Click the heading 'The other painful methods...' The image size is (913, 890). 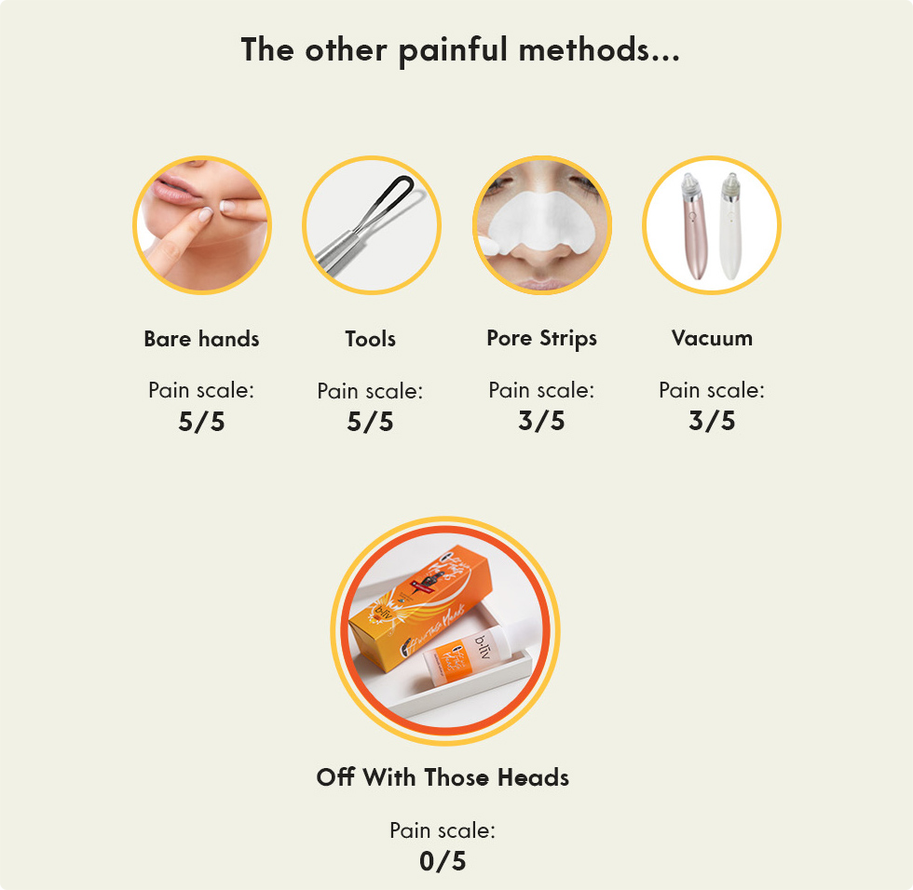(x=460, y=49)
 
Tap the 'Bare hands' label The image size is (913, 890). (x=201, y=339)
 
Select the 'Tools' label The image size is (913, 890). (x=370, y=339)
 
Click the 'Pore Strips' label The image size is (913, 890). (x=541, y=338)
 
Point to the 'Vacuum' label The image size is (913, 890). (x=712, y=338)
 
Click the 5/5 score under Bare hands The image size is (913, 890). (x=201, y=422)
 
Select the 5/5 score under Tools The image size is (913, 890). (x=370, y=422)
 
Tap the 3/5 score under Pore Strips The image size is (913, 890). (x=541, y=421)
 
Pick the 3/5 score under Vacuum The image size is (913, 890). (x=712, y=421)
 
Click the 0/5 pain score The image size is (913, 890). (x=443, y=861)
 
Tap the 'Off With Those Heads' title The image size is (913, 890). (x=443, y=777)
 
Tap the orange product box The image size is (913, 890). (x=410, y=605)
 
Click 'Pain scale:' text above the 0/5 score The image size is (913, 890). (x=443, y=830)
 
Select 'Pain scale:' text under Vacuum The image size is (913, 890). (x=712, y=390)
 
